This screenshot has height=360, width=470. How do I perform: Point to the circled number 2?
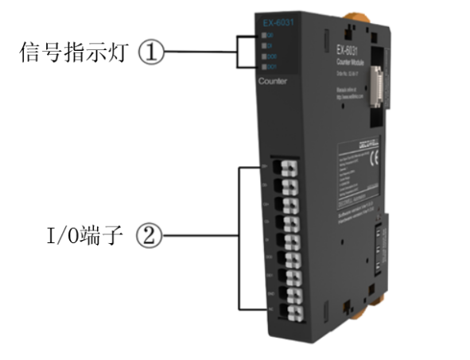click(x=153, y=236)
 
